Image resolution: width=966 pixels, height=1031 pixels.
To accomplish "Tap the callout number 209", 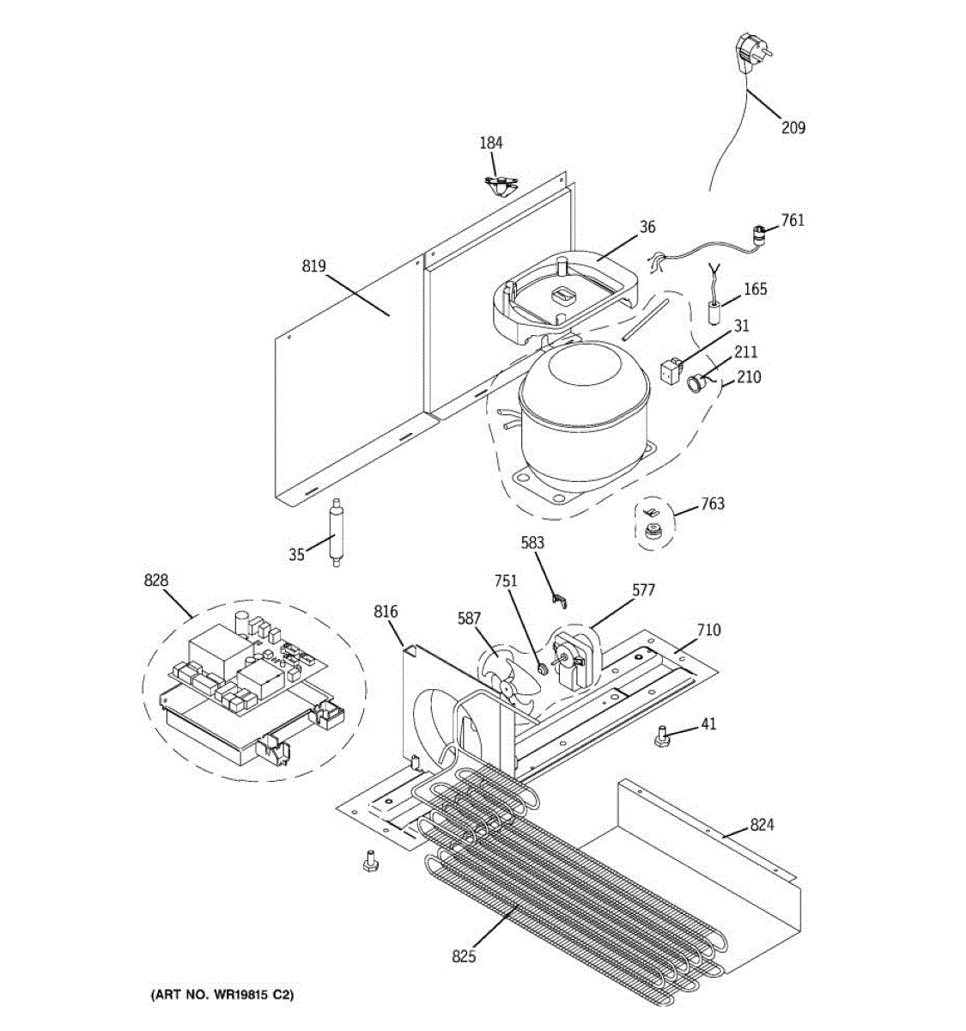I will click(793, 128).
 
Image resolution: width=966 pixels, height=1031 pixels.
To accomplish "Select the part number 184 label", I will click(491, 143).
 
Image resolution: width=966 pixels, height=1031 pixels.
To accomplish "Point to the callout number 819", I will click(313, 266).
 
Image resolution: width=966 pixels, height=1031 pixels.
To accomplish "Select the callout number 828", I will click(155, 582).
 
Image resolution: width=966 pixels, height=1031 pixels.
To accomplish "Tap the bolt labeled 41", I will click(663, 736).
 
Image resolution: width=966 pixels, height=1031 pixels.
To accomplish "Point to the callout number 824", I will click(762, 825).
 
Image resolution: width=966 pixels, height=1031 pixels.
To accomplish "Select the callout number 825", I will click(464, 955).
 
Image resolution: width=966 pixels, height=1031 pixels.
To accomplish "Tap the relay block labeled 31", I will click(670, 372).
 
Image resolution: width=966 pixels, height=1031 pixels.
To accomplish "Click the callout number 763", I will click(712, 503).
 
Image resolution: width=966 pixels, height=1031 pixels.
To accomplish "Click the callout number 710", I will click(708, 630).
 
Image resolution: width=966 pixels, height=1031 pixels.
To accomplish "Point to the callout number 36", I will click(647, 227).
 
